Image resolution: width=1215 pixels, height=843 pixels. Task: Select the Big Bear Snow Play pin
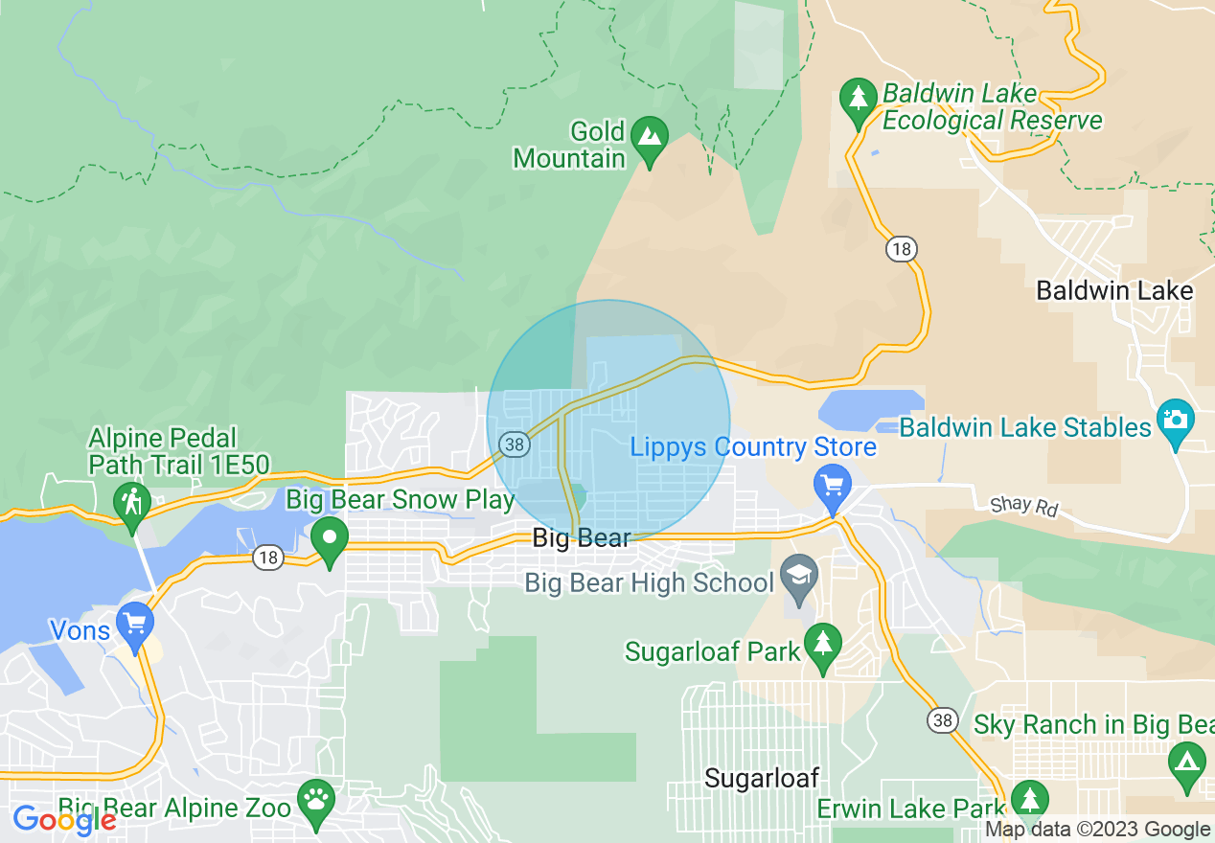point(330,538)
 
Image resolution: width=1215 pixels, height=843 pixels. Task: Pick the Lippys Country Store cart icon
point(832,484)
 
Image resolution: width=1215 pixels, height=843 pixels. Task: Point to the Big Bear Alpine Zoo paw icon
point(315,797)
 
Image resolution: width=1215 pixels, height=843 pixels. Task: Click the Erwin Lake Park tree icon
point(1029,798)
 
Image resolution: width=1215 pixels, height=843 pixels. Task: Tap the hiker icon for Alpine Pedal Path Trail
point(131,501)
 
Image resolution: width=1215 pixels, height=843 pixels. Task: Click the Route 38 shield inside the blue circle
point(515,444)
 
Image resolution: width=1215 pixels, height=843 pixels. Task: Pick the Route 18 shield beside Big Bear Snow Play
point(268,557)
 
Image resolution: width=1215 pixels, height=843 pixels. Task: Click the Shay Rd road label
point(1023,505)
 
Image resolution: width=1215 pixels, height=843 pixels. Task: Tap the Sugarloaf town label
point(761,778)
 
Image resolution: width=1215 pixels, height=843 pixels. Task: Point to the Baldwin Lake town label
point(1115,291)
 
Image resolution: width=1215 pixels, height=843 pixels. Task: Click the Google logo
point(64,820)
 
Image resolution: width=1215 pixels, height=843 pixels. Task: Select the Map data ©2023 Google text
point(1098,830)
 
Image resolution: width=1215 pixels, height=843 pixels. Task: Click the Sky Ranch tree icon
point(1186,763)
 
